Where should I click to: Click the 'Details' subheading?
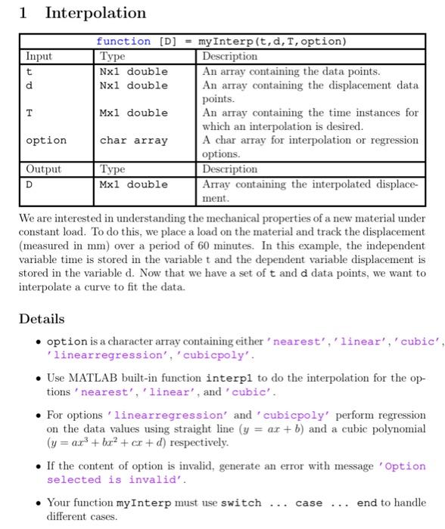click(42, 319)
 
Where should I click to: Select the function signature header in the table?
click(221, 41)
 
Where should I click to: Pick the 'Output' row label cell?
click(44, 169)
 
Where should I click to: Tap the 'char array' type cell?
click(133, 141)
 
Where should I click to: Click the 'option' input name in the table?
click(45, 141)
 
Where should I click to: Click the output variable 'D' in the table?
click(30, 184)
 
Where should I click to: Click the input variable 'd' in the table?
click(30, 85)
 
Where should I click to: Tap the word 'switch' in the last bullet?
click(241, 503)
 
